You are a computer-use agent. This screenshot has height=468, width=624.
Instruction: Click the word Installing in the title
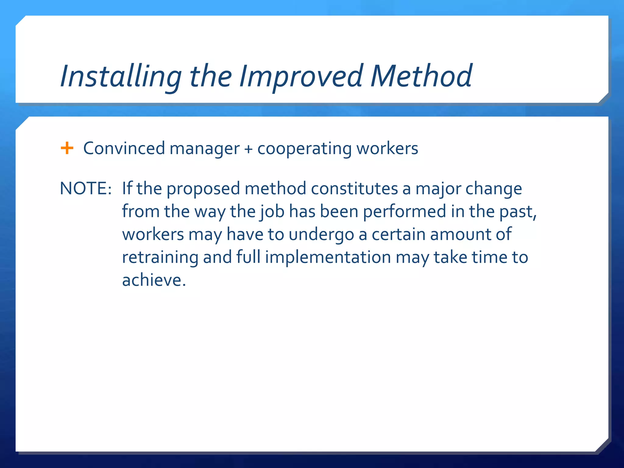121,76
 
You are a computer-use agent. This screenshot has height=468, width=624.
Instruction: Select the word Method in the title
421,76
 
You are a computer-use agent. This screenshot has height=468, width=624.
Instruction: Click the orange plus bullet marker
67,148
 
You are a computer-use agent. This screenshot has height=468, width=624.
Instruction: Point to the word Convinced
124,148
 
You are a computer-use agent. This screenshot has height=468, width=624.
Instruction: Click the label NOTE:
86,188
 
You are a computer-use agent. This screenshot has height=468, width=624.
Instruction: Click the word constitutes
354,188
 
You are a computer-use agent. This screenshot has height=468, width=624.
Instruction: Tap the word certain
398,234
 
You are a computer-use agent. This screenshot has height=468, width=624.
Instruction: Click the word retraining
160,257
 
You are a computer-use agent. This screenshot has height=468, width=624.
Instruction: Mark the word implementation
328,257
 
